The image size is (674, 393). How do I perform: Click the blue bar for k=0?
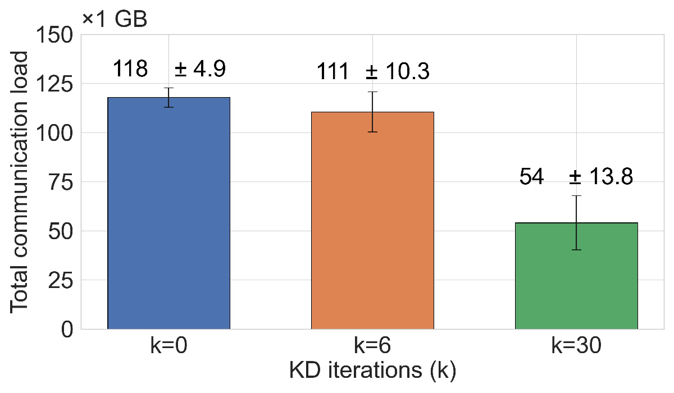click(168, 213)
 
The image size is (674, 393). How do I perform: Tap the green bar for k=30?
click(576, 276)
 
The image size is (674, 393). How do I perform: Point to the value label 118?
click(130, 69)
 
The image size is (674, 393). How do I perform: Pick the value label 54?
click(531, 177)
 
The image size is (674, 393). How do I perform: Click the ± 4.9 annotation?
click(200, 69)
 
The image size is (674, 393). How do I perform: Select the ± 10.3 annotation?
click(398, 72)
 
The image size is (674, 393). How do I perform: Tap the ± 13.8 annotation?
click(601, 177)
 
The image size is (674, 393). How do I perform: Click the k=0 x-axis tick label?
click(168, 346)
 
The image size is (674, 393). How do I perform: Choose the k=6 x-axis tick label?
click(372, 346)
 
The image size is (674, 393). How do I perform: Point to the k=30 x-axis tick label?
click(576, 346)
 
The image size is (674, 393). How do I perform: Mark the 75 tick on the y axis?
click(62, 182)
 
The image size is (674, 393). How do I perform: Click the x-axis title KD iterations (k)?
click(372, 371)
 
